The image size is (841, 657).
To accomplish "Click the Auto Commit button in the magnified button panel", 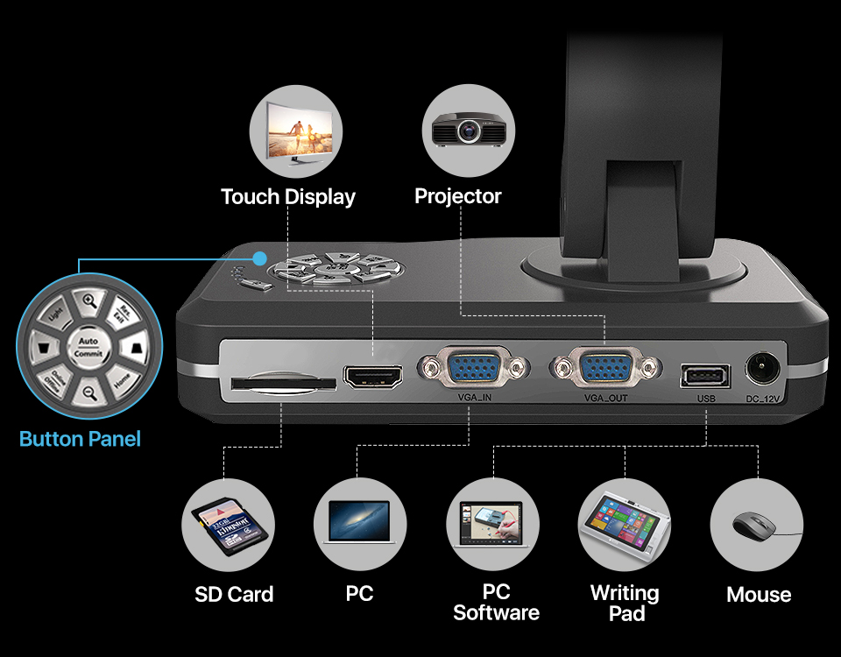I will coord(88,347).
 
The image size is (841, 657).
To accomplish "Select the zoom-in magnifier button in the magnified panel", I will coord(88,301).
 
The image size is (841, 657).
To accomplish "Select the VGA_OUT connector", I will coord(605,367).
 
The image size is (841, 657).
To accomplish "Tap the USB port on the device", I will coord(704,376).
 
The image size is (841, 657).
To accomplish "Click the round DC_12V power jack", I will coord(761,369).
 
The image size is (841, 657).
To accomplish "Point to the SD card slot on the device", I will coord(283,384).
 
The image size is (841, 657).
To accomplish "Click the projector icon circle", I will coord(468,131).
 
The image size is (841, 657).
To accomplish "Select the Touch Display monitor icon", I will coord(295,131).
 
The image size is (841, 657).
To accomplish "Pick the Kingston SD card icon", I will coord(227,526).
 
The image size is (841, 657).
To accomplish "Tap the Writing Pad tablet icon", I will coord(625,526).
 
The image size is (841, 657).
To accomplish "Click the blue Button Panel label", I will coord(80,439).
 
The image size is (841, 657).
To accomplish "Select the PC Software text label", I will coord(496,603).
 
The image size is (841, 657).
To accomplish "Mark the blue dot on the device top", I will coord(259,258).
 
